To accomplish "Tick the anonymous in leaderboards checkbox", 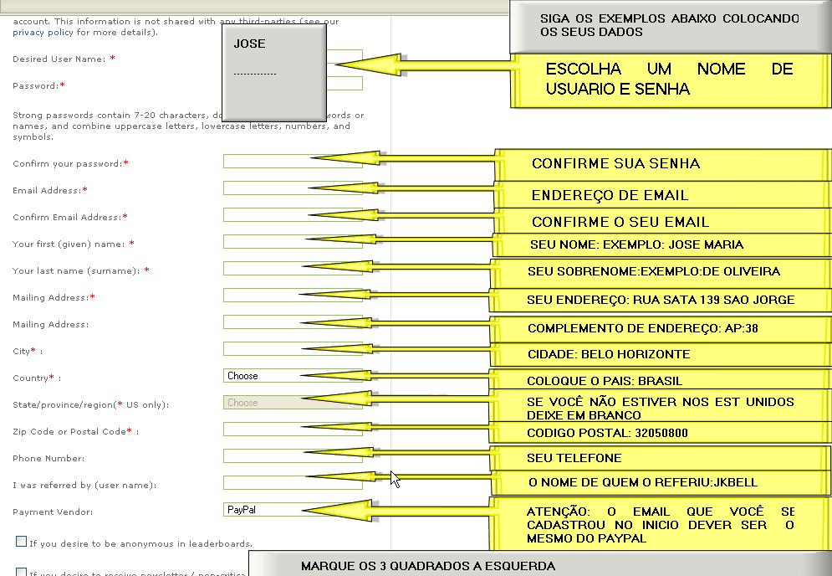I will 21,542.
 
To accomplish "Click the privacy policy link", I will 43,33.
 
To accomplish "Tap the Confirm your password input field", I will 268,162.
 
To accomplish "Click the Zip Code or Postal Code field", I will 268,430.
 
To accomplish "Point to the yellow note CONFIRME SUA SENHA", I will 616,163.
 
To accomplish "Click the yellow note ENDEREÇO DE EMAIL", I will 610,195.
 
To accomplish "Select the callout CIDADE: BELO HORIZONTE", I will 609,353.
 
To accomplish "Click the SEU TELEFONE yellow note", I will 574,458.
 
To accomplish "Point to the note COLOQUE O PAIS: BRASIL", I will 605,381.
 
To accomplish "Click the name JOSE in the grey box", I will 249,44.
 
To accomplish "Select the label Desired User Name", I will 59,59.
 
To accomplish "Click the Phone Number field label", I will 48,459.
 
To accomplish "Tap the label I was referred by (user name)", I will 84,486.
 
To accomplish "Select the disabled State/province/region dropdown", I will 293,403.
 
